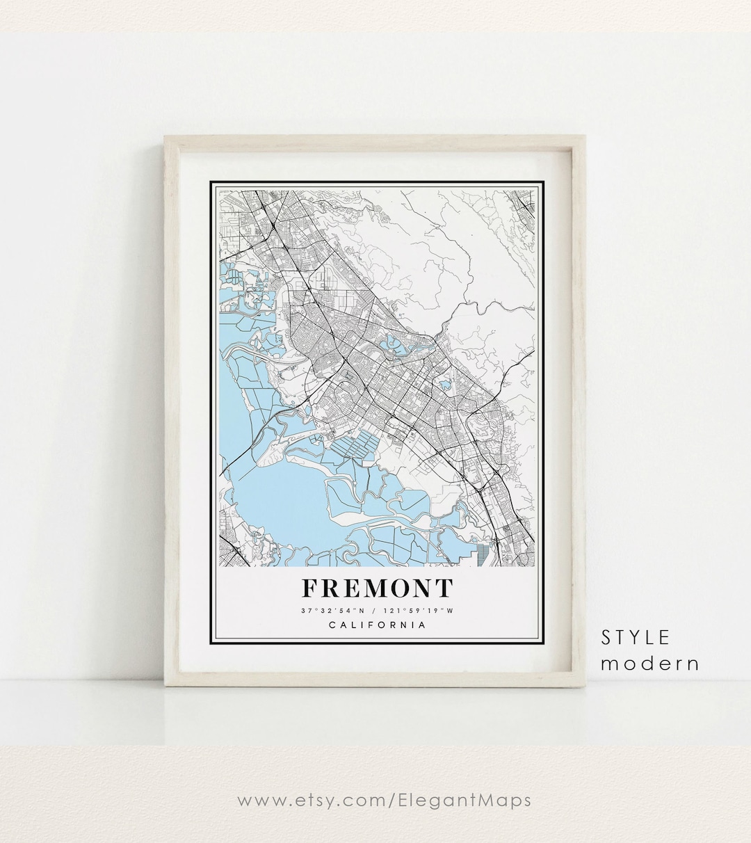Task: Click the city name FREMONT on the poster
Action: tap(377, 588)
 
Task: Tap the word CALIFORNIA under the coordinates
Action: tap(377, 625)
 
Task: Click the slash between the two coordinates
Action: tap(375, 611)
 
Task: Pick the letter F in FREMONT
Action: tap(311, 588)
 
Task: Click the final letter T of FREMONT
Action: tap(444, 588)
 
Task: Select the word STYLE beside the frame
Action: tap(636, 637)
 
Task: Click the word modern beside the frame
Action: tap(650, 663)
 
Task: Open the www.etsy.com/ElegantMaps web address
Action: tap(384, 800)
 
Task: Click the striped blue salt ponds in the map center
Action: tap(355, 445)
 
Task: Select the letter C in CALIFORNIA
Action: tap(331, 625)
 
